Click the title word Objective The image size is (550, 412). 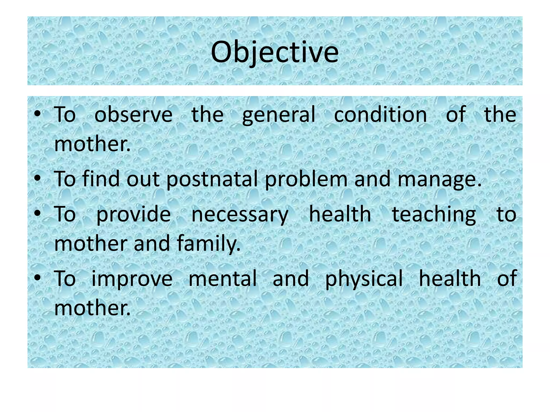point(274,52)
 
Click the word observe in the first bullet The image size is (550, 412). point(133,115)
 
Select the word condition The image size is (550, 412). point(380,115)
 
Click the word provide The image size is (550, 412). point(133,215)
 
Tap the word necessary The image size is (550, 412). point(240,215)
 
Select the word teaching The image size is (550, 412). point(434,215)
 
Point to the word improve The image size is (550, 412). point(132,279)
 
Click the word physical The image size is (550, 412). point(364,279)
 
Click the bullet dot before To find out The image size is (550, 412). point(37,178)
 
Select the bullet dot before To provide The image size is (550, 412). point(37,214)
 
